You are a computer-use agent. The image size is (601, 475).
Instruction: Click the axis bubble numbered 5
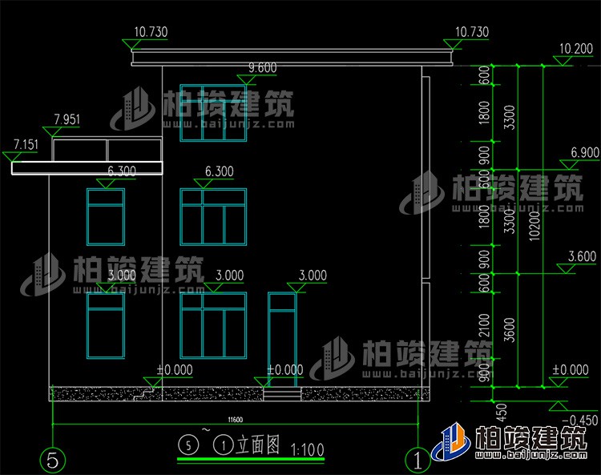[52, 460]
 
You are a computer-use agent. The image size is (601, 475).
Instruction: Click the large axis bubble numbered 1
[417, 460]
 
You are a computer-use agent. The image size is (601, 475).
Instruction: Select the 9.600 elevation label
[262, 68]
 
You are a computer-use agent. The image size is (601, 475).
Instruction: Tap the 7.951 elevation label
[67, 119]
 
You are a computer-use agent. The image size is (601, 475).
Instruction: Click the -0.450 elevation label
[581, 421]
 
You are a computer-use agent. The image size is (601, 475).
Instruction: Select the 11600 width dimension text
[235, 420]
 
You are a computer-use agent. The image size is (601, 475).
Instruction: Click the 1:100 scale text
[309, 450]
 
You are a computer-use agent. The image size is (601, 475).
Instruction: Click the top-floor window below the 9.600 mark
[212, 113]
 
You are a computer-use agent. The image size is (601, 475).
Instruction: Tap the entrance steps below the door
[282, 393]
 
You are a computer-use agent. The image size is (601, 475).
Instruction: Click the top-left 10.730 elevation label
[151, 33]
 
